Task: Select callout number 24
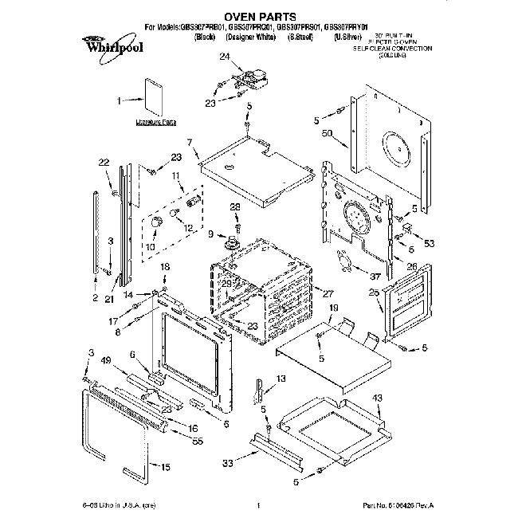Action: click(225, 56)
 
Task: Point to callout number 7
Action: click(190, 142)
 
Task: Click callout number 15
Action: click(165, 467)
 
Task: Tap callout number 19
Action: click(334, 307)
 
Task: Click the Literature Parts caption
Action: click(155, 123)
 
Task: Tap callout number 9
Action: click(211, 234)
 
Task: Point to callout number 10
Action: click(150, 247)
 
